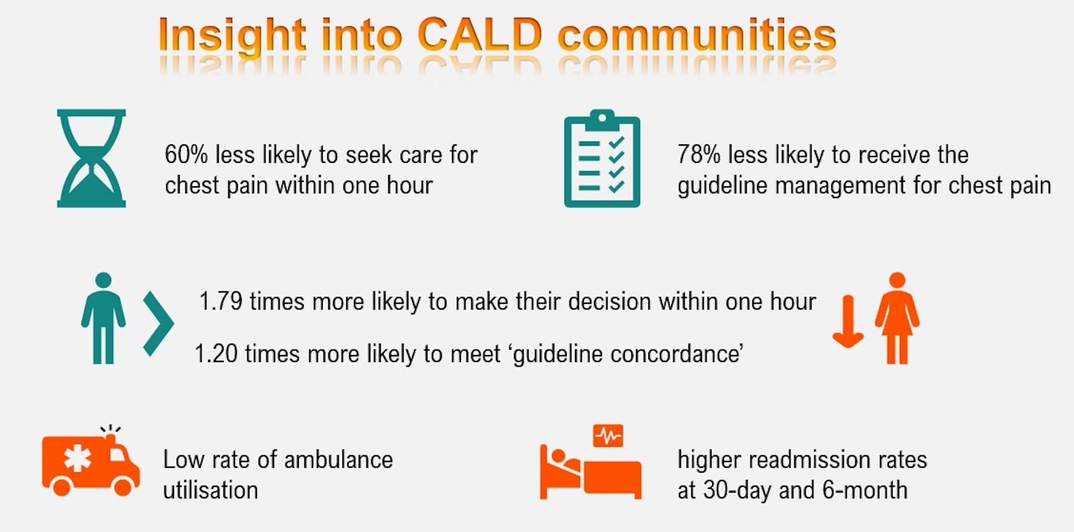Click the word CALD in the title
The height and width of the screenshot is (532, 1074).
tap(480, 35)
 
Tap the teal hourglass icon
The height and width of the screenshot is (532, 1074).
tap(91, 158)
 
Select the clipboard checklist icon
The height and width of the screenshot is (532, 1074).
tap(602, 158)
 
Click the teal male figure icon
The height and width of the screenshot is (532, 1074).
tap(103, 318)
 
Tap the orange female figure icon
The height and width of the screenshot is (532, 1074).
tap(897, 318)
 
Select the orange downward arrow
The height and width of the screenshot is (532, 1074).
tap(848, 321)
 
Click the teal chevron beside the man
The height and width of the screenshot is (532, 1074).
tap(158, 323)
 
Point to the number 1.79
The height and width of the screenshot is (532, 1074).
tap(221, 302)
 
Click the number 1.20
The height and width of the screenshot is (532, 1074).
tap(216, 354)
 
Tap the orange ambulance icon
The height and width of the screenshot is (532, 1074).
tap(91, 462)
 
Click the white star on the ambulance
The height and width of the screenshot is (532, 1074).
tap(77, 459)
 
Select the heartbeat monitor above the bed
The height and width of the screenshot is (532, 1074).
tap(608, 435)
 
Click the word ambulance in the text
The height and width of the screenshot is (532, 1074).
tap(338, 460)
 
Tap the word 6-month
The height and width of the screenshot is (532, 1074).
tap(865, 490)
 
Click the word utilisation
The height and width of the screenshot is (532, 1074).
tap(210, 490)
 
